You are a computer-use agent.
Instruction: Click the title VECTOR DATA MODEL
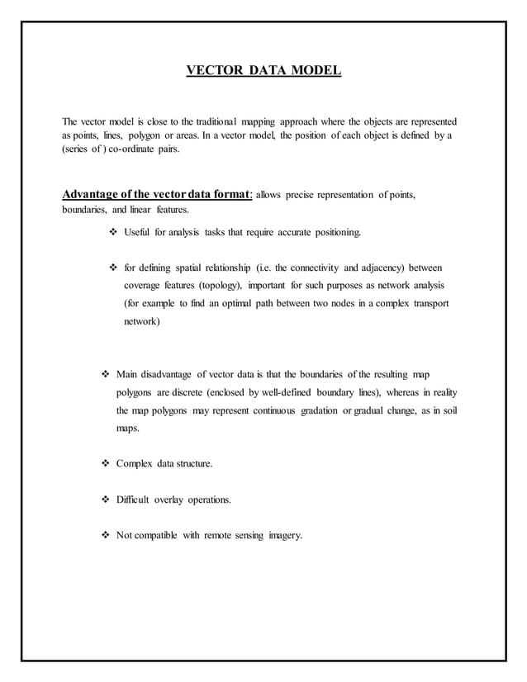(x=263, y=70)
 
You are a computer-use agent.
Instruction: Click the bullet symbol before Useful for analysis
(x=113, y=234)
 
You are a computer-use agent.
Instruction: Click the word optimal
(x=216, y=303)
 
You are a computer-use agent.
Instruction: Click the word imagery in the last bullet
(x=284, y=535)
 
